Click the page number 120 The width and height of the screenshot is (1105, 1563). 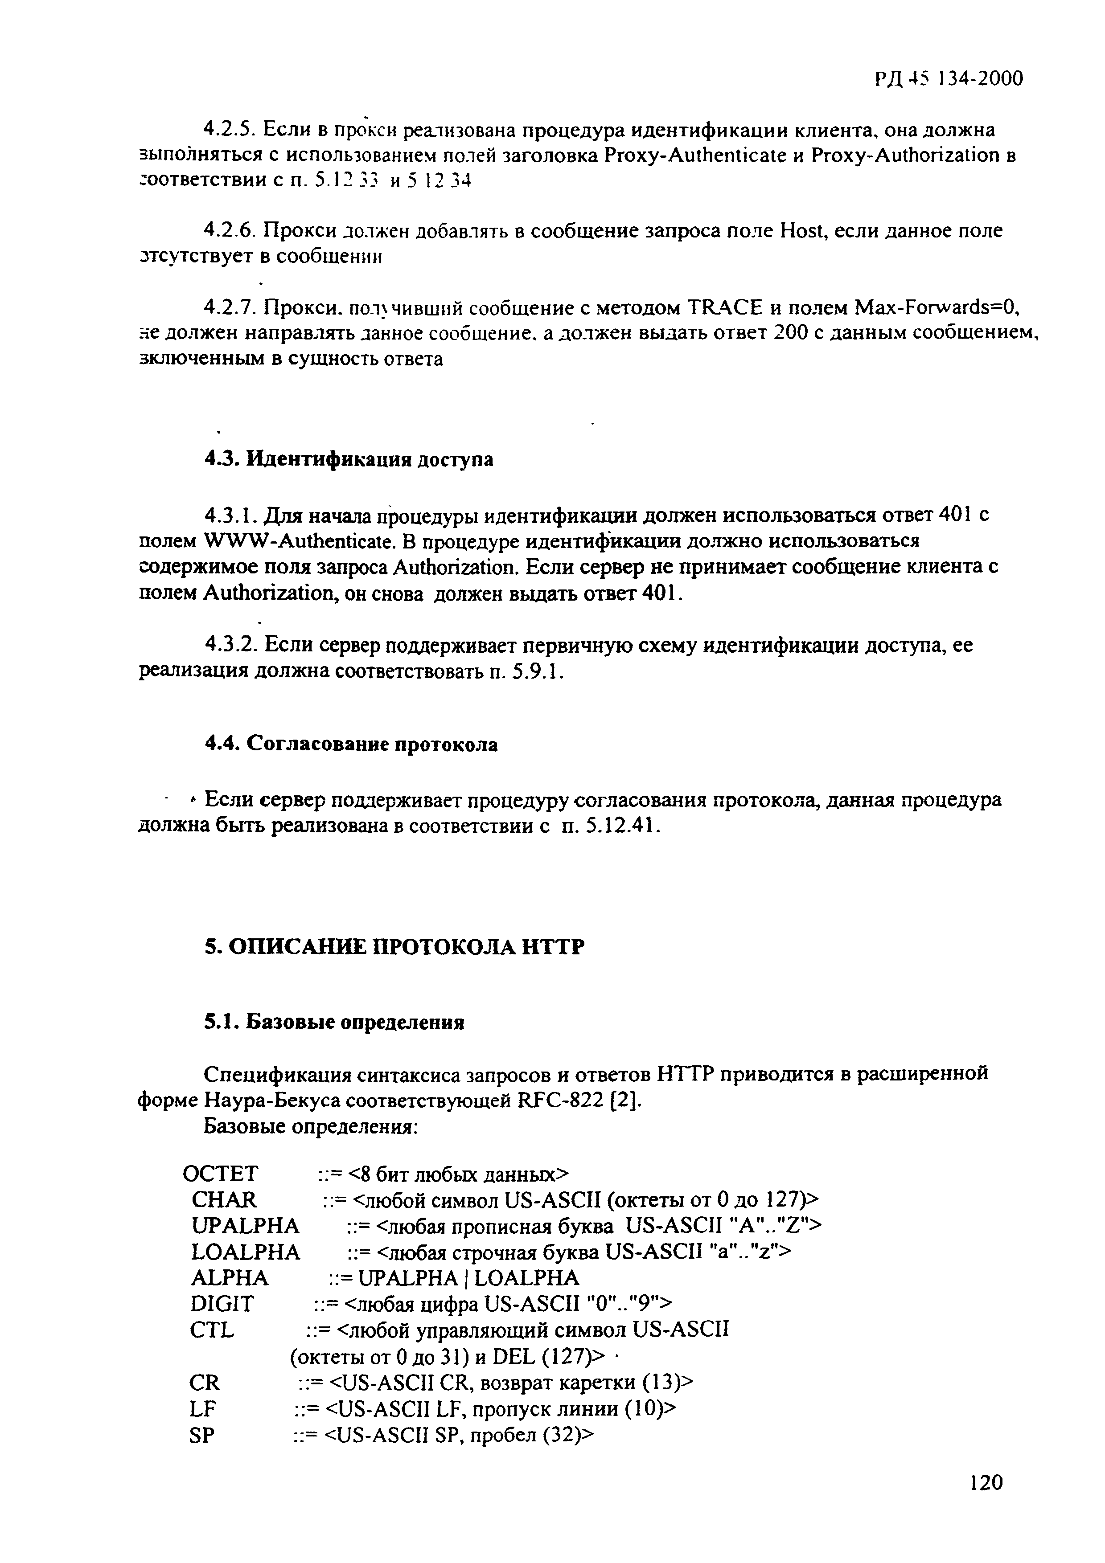pos(986,1482)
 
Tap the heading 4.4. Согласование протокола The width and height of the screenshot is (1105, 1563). pos(351,744)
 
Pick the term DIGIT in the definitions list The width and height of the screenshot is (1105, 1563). pos(222,1304)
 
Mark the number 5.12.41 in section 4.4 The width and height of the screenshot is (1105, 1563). pos(622,826)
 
